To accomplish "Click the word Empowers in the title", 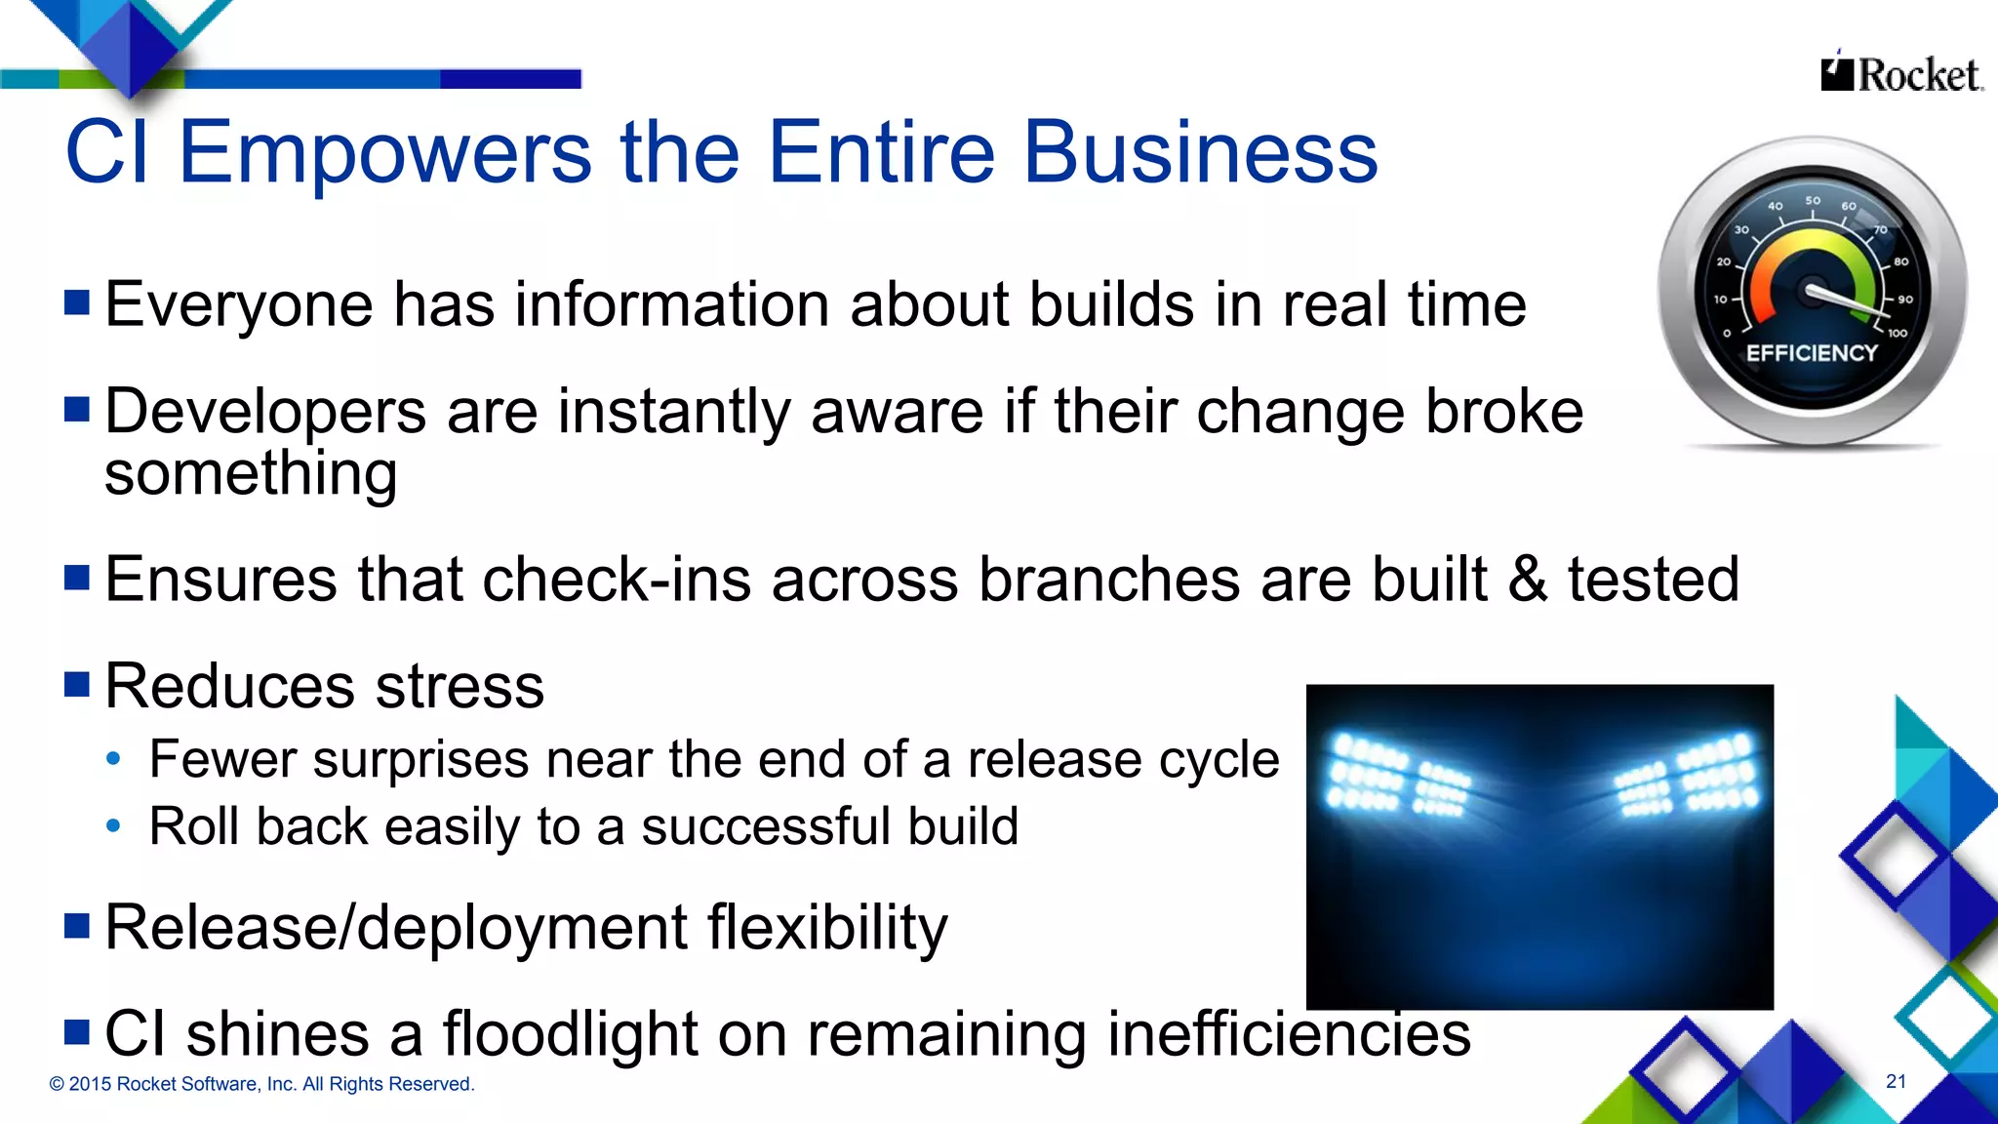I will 385,152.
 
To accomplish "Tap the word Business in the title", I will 1200,152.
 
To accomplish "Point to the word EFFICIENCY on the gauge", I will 1812,353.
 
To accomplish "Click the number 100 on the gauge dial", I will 1897,334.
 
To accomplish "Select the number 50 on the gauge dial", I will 1813,201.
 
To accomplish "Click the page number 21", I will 1896,1081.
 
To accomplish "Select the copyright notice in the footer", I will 261,1084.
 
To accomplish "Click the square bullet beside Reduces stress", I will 77,684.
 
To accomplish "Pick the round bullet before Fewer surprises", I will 114,759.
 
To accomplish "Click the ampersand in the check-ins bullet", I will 1528,580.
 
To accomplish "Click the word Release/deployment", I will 396,927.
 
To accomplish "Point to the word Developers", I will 265,412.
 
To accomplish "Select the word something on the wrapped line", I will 251,474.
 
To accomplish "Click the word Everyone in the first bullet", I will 239,304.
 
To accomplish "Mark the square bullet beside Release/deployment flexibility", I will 77,925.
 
